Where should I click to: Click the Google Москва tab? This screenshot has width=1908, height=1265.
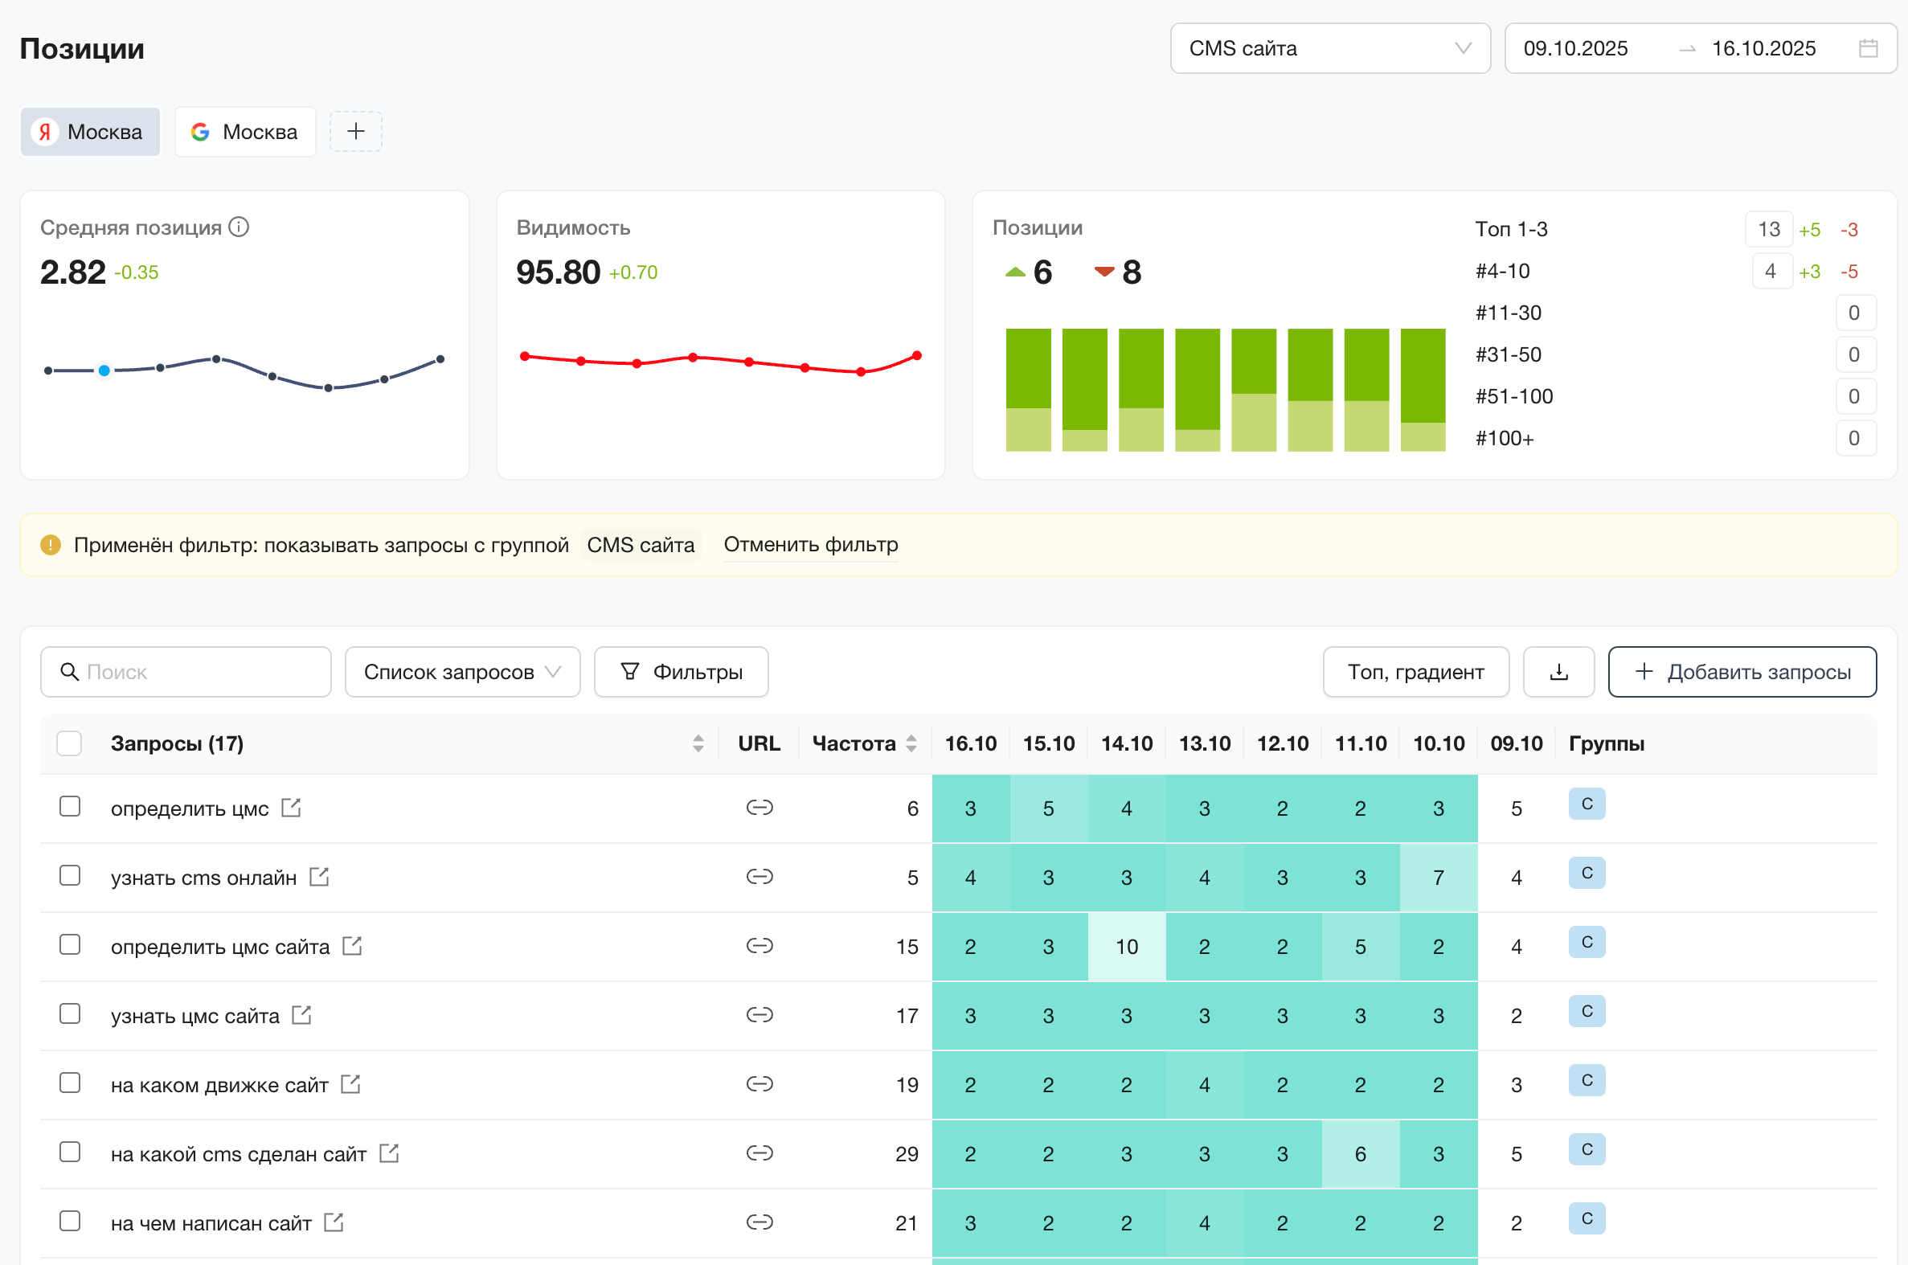point(244,132)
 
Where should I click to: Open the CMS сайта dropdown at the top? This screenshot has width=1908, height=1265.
point(1329,48)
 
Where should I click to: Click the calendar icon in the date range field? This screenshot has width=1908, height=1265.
point(1868,48)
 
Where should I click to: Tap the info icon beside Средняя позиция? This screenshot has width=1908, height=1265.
point(239,227)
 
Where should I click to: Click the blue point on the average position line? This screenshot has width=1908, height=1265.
point(104,370)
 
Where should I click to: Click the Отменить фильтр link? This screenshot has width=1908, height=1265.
point(810,545)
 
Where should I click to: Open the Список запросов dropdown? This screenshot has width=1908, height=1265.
point(461,672)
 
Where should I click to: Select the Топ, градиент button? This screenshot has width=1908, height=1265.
point(1415,672)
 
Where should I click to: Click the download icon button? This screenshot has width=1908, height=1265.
point(1558,672)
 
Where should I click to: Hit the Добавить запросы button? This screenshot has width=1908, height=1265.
point(1742,672)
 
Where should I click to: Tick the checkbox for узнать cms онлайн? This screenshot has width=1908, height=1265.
point(70,876)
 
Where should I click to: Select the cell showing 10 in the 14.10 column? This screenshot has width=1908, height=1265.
point(1126,946)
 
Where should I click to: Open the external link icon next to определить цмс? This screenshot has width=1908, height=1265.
point(291,808)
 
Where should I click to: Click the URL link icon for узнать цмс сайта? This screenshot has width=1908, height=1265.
point(760,1015)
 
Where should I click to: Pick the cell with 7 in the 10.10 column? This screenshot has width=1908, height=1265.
point(1438,878)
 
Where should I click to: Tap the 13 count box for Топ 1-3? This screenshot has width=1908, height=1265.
point(1767,229)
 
